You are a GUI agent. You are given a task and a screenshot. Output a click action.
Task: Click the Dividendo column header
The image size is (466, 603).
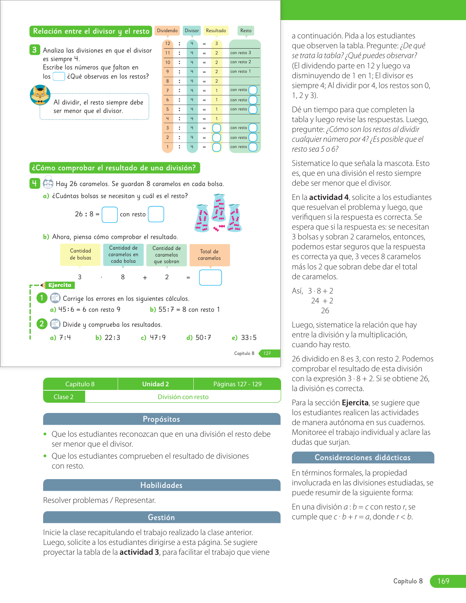coord(167,31)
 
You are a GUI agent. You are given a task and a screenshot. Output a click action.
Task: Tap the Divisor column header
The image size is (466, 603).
coord(192,31)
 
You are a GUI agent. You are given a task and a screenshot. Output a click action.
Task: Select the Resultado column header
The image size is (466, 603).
coord(216,31)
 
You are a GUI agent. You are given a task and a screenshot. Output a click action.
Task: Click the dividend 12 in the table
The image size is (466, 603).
coord(167,43)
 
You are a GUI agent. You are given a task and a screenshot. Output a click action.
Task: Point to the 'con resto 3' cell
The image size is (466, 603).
coord(240,53)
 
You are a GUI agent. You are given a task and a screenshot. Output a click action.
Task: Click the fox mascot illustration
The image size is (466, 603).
coord(40,95)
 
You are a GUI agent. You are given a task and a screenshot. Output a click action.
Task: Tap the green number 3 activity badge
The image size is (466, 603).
coord(34,50)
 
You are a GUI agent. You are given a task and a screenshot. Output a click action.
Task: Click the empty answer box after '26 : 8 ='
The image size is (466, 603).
coord(110,215)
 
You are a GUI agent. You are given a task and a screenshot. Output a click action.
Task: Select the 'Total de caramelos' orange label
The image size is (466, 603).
coord(209,255)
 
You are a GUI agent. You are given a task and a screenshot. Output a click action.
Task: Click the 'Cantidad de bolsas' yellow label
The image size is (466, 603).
coord(80,254)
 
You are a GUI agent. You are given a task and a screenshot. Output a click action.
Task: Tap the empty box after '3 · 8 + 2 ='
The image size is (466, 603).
coord(210,277)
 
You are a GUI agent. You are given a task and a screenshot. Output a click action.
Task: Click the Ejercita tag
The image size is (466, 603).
coord(60,285)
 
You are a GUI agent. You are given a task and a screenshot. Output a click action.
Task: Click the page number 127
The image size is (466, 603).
coord(267,353)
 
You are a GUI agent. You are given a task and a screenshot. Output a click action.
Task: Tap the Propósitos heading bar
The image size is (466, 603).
coord(162,419)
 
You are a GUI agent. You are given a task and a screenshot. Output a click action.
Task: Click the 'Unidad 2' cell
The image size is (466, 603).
coord(155,384)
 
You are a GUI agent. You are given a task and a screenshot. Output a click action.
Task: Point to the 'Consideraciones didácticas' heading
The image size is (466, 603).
coord(363,458)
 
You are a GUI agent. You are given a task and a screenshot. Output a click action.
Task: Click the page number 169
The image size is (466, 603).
coord(443,581)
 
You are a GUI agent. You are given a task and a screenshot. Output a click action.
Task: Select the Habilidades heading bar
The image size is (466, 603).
coord(162,485)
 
